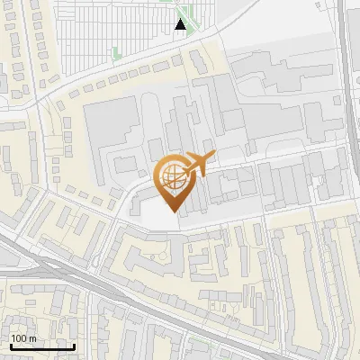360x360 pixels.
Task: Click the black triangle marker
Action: (181, 24)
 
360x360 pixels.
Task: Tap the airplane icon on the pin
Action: (197, 164)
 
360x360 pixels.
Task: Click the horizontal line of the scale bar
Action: (41, 346)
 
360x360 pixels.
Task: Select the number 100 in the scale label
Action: (19, 338)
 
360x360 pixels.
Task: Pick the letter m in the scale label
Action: (32, 338)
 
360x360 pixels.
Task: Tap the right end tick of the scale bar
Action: (74, 345)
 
